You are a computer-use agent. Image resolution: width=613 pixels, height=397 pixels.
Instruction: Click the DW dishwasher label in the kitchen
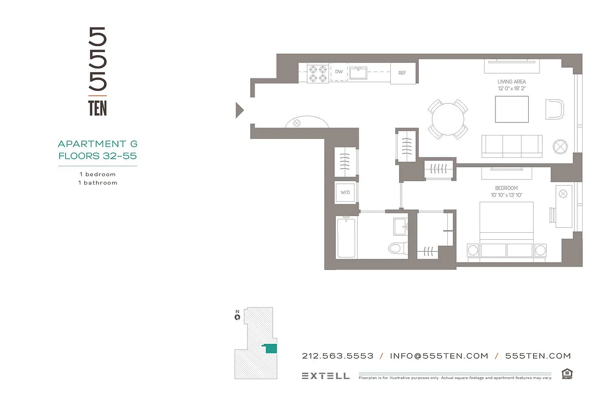[339, 72]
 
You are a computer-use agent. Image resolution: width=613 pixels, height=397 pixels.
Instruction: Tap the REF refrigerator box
[402, 73]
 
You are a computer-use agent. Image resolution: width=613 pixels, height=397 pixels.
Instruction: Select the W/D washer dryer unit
[346, 193]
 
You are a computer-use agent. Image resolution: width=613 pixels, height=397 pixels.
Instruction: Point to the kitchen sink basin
[357, 73]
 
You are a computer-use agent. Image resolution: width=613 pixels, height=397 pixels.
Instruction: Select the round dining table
[448, 119]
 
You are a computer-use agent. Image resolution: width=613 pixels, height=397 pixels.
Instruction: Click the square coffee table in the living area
[512, 109]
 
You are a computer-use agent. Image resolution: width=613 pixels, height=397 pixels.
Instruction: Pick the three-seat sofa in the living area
[511, 146]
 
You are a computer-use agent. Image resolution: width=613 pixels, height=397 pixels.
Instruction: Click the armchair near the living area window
[554, 109]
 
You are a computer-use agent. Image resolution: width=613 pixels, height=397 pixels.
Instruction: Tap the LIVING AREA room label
[511, 81]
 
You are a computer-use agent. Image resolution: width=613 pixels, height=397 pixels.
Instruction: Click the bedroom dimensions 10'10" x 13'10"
[506, 195]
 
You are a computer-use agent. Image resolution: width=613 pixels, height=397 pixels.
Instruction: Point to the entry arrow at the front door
[240, 110]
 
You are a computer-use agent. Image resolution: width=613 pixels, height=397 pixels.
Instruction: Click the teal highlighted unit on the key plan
[270, 349]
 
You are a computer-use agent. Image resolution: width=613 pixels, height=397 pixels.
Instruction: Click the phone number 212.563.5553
[338, 356]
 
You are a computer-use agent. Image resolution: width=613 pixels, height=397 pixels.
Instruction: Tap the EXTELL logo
[325, 376]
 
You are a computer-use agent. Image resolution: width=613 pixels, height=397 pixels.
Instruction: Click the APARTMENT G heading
[98, 144]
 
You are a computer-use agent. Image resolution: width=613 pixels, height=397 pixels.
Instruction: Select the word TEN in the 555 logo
[97, 108]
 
